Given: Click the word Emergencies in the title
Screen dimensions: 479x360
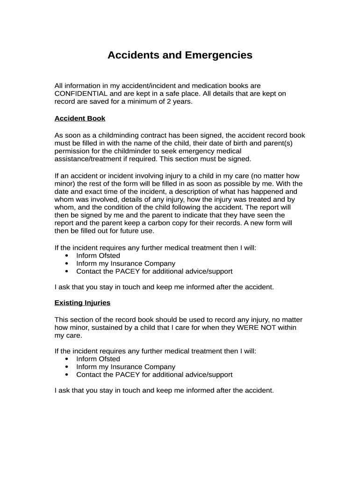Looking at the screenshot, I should click(219, 55).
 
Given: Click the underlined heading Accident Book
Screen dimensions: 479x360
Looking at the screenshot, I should click(80, 118).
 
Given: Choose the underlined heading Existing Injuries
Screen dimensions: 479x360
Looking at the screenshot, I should click(82, 303).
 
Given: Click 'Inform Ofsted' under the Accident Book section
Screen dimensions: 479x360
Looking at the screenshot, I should click(98, 255).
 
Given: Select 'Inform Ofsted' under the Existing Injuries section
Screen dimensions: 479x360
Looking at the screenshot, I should click(98, 359).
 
